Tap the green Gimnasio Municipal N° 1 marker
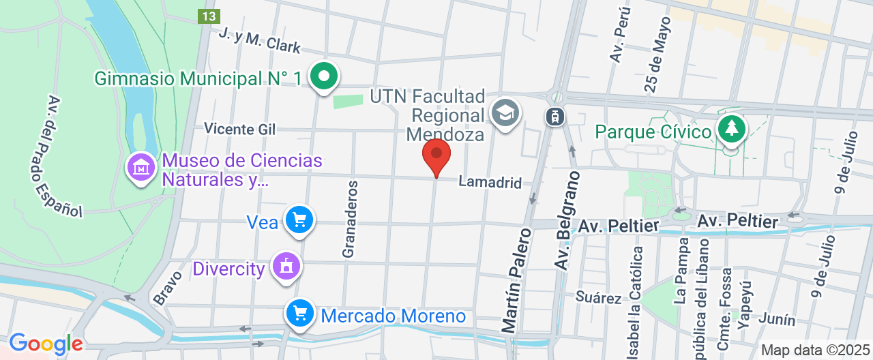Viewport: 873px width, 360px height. coord(324,76)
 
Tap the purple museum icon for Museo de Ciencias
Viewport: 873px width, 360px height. coord(141,167)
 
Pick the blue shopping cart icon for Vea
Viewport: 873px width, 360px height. coord(299,220)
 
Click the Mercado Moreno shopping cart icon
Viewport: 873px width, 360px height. coord(299,314)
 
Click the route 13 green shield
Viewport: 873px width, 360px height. coord(209,16)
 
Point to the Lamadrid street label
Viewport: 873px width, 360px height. coord(490,183)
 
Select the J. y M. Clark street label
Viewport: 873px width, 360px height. coord(259,40)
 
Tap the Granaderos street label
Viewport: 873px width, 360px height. coord(350,219)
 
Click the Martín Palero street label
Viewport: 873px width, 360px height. coord(517,280)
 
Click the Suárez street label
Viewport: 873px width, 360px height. coord(598,297)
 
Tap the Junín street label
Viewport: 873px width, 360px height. coord(776,320)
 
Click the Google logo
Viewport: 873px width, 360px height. coord(46,344)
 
